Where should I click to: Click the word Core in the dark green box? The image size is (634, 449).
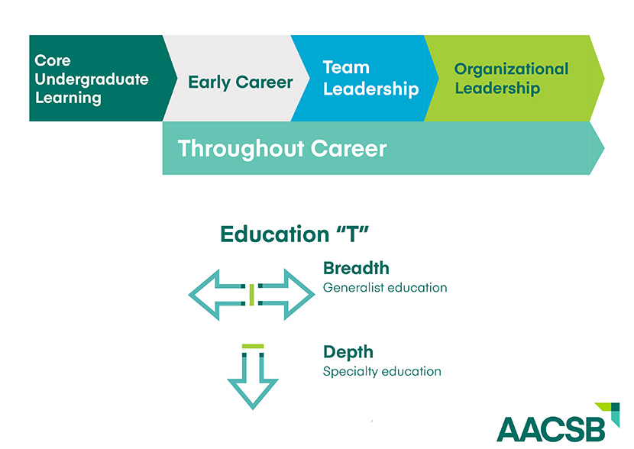(53, 60)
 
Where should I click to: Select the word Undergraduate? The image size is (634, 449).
(92, 79)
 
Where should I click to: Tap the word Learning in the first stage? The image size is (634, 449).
(68, 99)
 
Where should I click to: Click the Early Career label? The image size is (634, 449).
(240, 82)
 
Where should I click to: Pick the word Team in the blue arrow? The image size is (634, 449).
(346, 67)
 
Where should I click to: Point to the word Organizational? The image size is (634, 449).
(511, 69)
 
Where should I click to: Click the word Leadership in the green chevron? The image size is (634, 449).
(497, 88)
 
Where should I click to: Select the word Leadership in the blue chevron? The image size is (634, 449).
(370, 89)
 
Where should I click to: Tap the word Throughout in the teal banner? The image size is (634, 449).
(241, 149)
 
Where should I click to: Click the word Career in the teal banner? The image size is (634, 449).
(348, 149)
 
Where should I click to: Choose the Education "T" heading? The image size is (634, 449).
(294, 234)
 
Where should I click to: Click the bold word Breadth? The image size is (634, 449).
(356, 268)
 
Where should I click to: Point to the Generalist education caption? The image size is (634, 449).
(385, 288)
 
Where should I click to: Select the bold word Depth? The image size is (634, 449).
(348, 352)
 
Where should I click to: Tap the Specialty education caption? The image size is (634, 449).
(382, 371)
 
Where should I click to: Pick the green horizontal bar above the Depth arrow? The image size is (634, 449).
(253, 347)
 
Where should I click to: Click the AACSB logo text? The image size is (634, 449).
(551, 430)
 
